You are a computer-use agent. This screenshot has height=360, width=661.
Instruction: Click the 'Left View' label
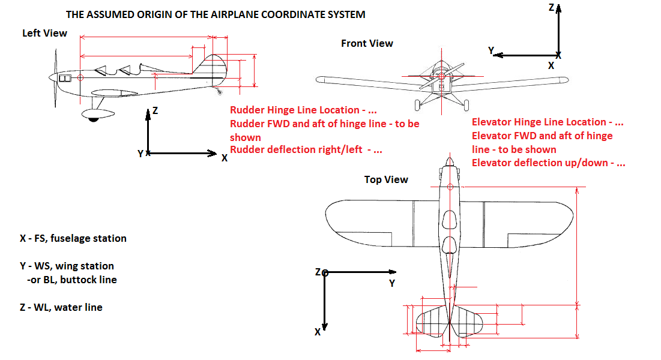coord(44,33)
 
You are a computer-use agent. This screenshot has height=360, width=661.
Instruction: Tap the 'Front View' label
coord(367,43)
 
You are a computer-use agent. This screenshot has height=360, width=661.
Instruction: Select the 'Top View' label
coord(386,179)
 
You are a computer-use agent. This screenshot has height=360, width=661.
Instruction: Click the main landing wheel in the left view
coord(93,118)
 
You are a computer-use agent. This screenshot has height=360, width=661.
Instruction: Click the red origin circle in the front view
coord(441,76)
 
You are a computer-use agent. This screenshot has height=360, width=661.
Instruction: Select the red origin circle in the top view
coord(450,188)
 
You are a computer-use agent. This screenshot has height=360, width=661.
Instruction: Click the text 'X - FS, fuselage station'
coord(73,238)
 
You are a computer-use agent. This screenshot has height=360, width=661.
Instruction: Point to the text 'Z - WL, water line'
coord(61,307)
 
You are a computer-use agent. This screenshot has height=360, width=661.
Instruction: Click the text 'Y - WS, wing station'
coord(67,265)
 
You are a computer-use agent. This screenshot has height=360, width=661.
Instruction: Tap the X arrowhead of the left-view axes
coord(212,154)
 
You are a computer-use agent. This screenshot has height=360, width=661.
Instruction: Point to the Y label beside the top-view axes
coord(392,283)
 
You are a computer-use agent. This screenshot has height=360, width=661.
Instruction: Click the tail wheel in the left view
coord(220,92)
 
